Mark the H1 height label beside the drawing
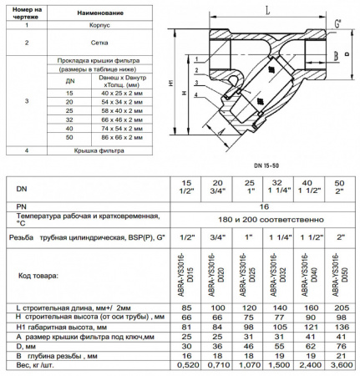[171, 86]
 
